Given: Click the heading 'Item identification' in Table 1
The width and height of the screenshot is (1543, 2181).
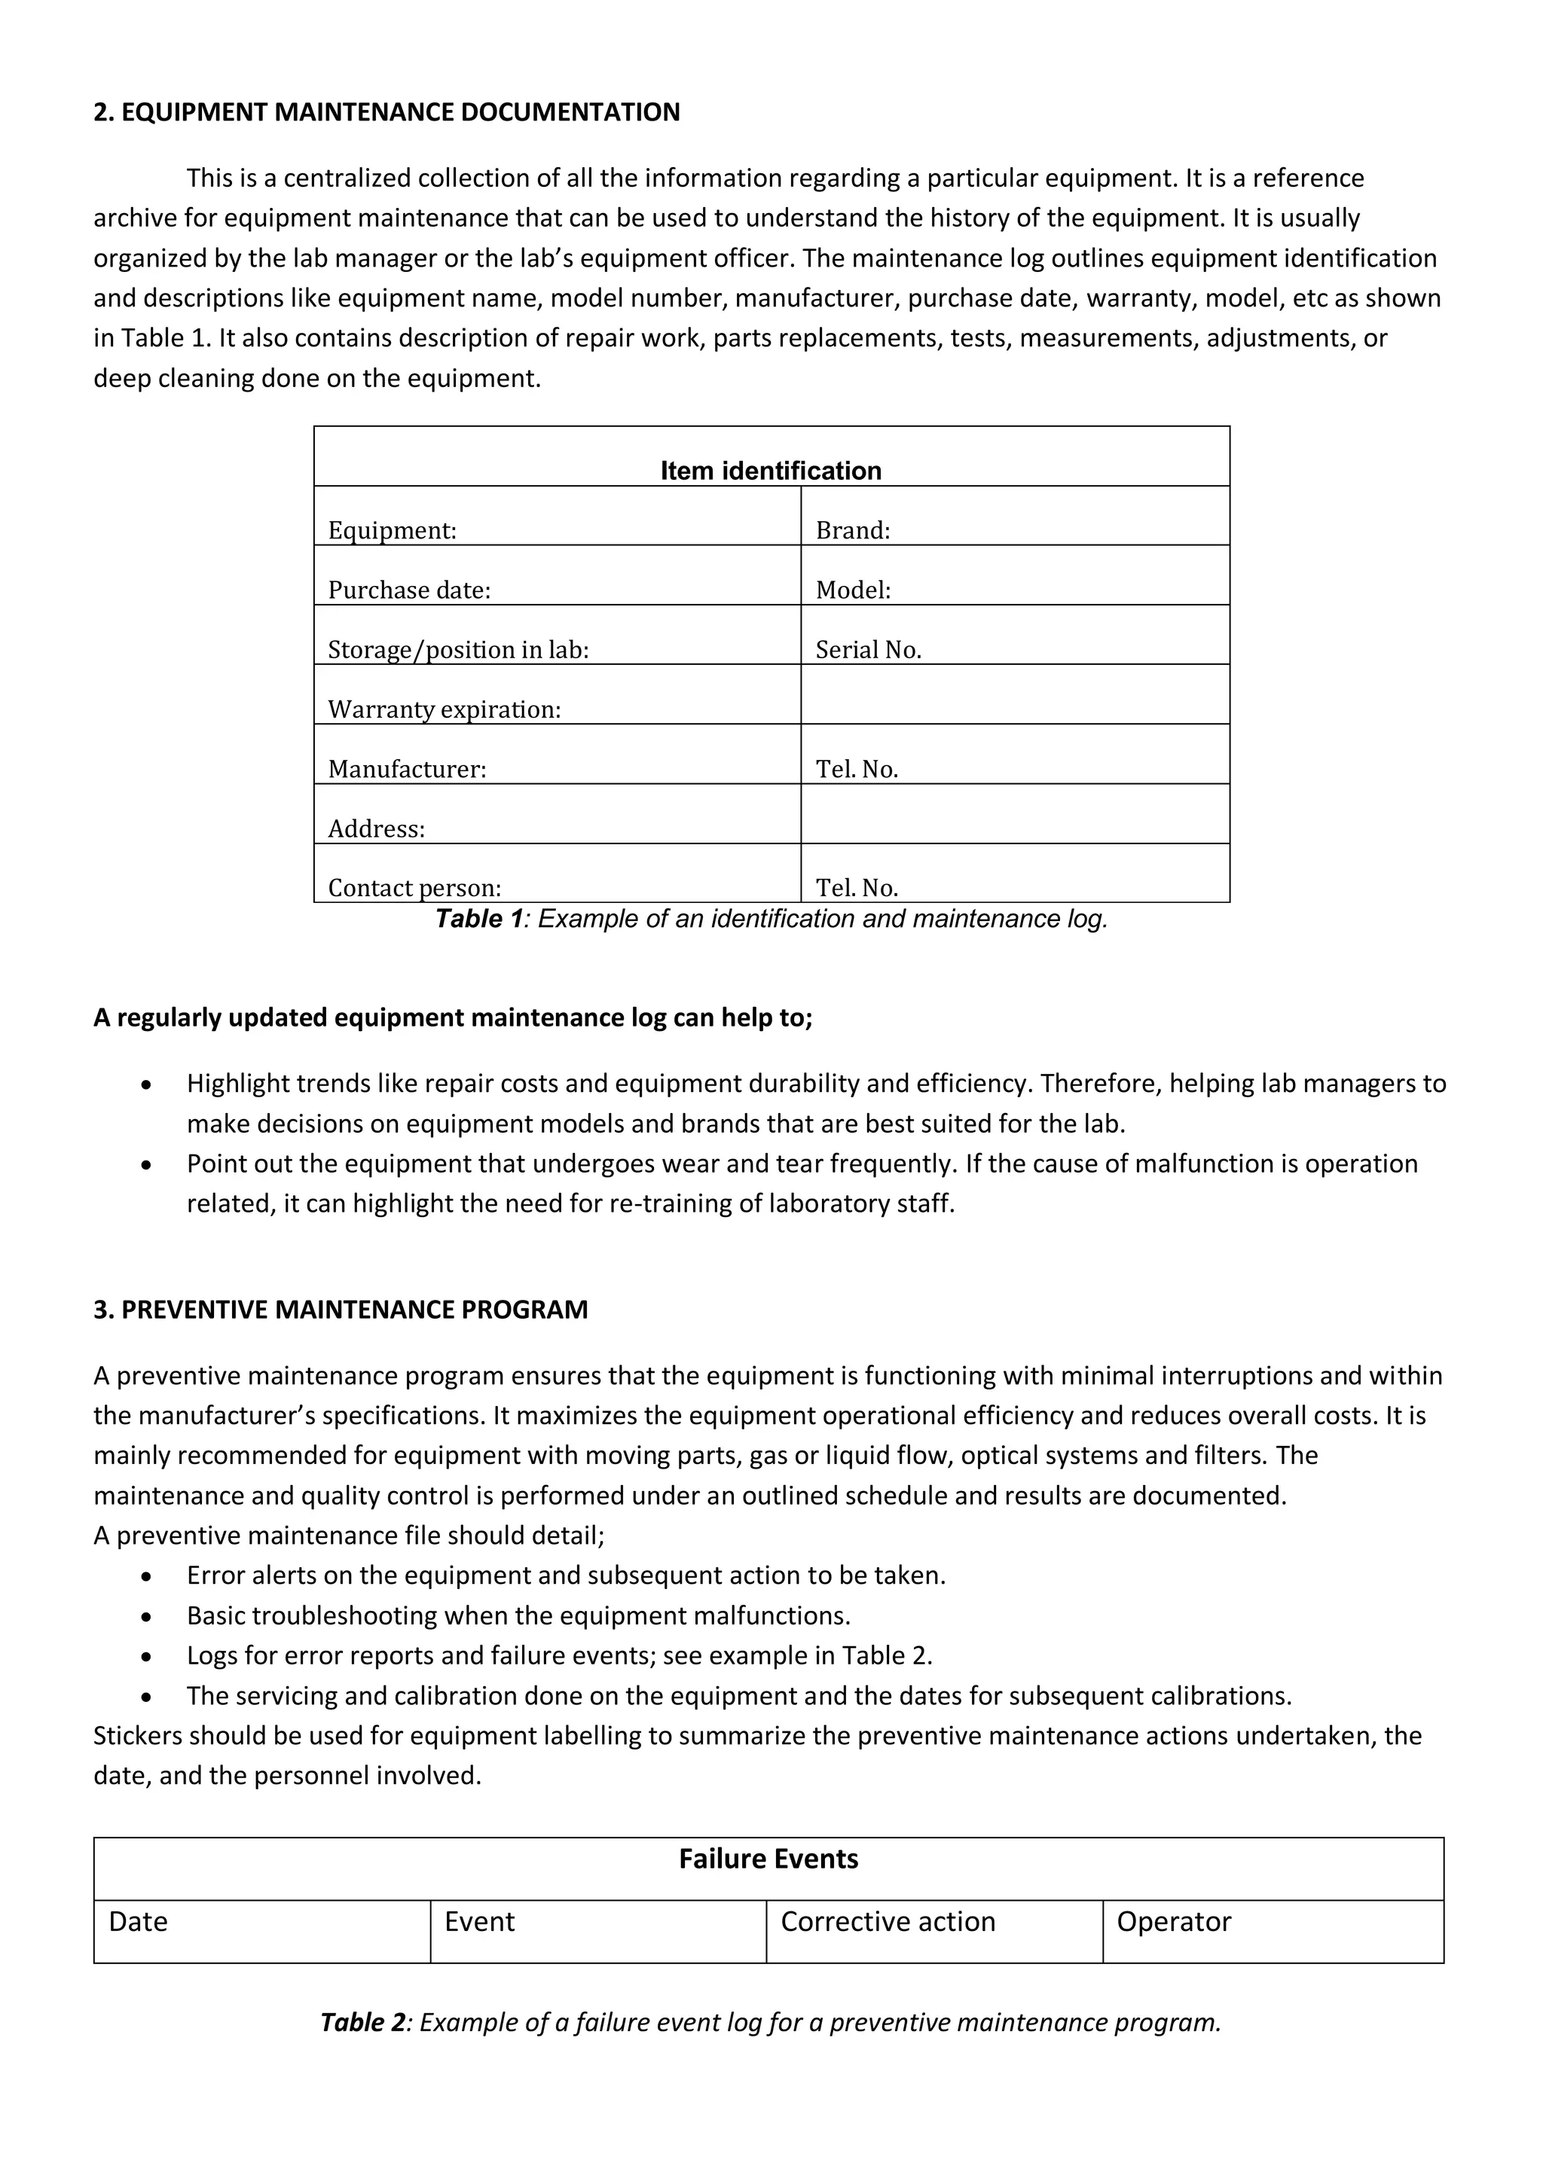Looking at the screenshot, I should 771,471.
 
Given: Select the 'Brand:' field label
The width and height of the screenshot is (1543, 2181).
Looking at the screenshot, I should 852,531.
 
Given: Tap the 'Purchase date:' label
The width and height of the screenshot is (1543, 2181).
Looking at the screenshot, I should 408,591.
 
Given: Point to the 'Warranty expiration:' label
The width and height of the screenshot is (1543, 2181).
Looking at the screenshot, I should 444,709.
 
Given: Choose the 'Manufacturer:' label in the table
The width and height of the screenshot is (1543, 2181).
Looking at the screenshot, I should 407,770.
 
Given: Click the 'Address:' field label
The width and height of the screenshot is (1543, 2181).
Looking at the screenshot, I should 376,829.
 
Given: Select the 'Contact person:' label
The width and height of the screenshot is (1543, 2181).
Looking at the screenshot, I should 414,888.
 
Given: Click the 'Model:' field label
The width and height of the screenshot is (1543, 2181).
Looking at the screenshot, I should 853,591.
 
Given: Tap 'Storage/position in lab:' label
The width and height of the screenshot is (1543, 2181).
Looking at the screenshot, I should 458,651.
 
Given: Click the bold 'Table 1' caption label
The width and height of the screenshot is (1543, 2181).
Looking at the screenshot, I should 479,920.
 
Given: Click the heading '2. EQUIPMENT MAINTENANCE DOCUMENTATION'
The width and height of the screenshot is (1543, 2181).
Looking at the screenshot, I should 386,112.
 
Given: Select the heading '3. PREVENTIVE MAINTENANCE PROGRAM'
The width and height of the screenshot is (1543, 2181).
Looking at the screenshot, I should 340,1309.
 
